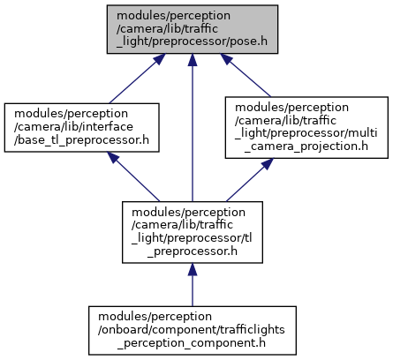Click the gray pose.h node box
pyautogui.click(x=193, y=29)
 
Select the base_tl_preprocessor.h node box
pyautogui.click(x=82, y=127)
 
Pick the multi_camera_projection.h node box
pyautogui.click(x=306, y=127)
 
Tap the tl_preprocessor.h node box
pyautogui.click(x=193, y=232)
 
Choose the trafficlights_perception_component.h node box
pyautogui.click(x=193, y=330)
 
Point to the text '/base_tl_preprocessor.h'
pyautogui.click(x=81, y=140)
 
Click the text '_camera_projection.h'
pyautogui.click(x=306, y=146)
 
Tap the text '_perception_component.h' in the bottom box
pyautogui.click(x=192, y=343)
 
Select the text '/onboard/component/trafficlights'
pyautogui.click(x=192, y=330)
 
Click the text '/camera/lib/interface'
pyautogui.click(x=73, y=127)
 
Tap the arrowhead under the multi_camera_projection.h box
pyautogui.click(x=268, y=163)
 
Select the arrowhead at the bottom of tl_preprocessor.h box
pyautogui.click(x=193, y=269)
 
